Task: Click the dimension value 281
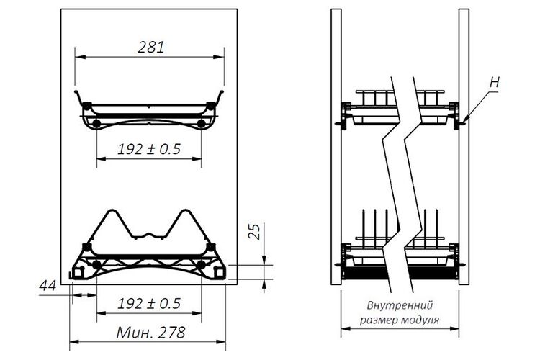(x=151, y=48)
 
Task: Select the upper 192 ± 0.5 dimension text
(x=149, y=149)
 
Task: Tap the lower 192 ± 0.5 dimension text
(x=149, y=304)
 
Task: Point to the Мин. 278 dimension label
(x=151, y=333)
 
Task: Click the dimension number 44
(x=48, y=286)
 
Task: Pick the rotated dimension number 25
(x=255, y=232)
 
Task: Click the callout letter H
(x=495, y=82)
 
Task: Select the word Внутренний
(x=400, y=305)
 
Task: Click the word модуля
(x=420, y=320)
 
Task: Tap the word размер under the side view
(x=379, y=320)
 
